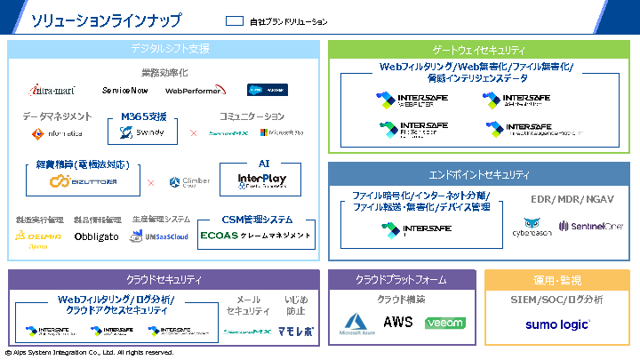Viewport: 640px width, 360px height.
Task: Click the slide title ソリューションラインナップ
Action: pos(107,20)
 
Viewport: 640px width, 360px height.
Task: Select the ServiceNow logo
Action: pos(125,91)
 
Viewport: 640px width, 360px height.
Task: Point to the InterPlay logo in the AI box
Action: pos(263,181)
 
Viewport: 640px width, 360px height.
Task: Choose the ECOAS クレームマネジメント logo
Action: pos(257,236)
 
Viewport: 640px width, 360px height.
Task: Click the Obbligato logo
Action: pos(97,236)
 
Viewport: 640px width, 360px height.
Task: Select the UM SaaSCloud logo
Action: pos(159,236)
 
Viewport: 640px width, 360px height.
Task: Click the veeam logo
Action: pos(444,323)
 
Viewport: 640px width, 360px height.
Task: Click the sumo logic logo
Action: pos(557,324)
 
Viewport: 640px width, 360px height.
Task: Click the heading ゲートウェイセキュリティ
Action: pos(478,51)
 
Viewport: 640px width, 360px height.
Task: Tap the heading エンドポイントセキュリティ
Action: pos(478,175)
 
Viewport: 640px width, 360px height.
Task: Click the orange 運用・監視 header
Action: pos(557,280)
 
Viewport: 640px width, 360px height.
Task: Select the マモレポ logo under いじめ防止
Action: pos(296,331)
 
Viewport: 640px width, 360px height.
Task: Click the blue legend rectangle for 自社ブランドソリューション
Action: pos(235,21)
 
